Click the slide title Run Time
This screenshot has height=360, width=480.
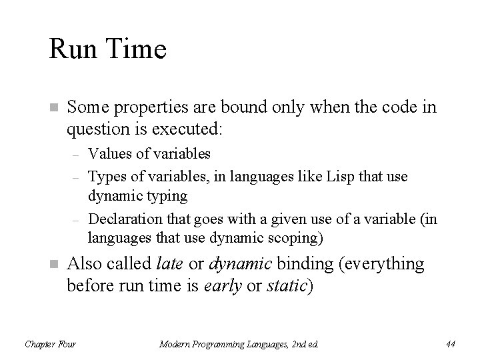coord(107,50)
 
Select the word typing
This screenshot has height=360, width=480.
coord(164,197)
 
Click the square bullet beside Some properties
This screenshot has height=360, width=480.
coord(53,107)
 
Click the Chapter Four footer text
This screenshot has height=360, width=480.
coord(50,344)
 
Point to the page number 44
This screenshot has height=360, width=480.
coord(449,344)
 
